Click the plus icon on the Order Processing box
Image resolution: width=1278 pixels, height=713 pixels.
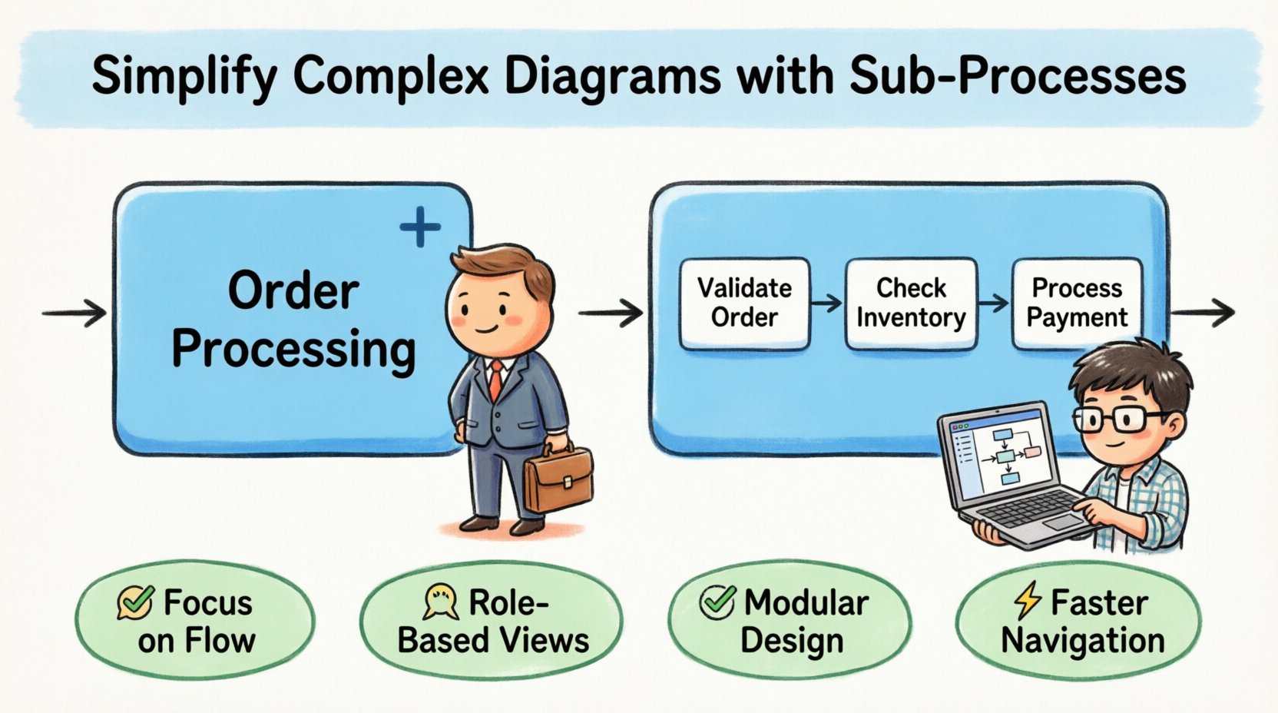point(420,227)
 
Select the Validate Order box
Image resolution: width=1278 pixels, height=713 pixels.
point(744,303)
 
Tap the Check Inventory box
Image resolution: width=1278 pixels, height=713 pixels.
point(911,303)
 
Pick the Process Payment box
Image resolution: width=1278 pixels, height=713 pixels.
point(1077,303)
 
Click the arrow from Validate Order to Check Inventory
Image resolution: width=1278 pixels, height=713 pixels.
point(827,303)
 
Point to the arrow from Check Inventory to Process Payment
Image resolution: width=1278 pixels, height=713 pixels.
point(994,303)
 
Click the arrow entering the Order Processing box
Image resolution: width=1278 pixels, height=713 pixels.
point(74,313)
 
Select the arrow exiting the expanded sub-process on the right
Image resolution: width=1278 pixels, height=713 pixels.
point(1203,313)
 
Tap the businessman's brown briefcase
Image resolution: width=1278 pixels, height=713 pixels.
point(558,480)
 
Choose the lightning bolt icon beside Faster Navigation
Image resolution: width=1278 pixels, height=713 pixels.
point(1028,601)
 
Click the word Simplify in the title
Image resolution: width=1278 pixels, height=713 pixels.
point(184,77)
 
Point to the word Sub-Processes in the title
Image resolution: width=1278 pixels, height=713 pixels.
point(1018,77)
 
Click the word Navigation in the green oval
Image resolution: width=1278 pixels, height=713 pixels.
point(1082,641)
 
